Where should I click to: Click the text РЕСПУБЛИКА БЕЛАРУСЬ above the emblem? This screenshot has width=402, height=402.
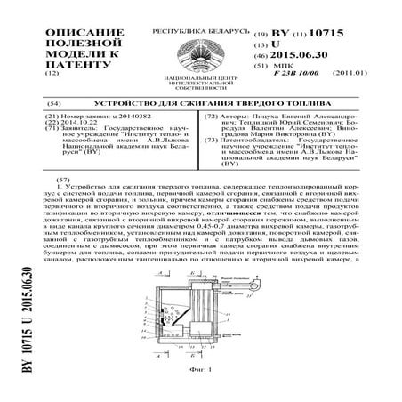[x=200, y=30]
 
